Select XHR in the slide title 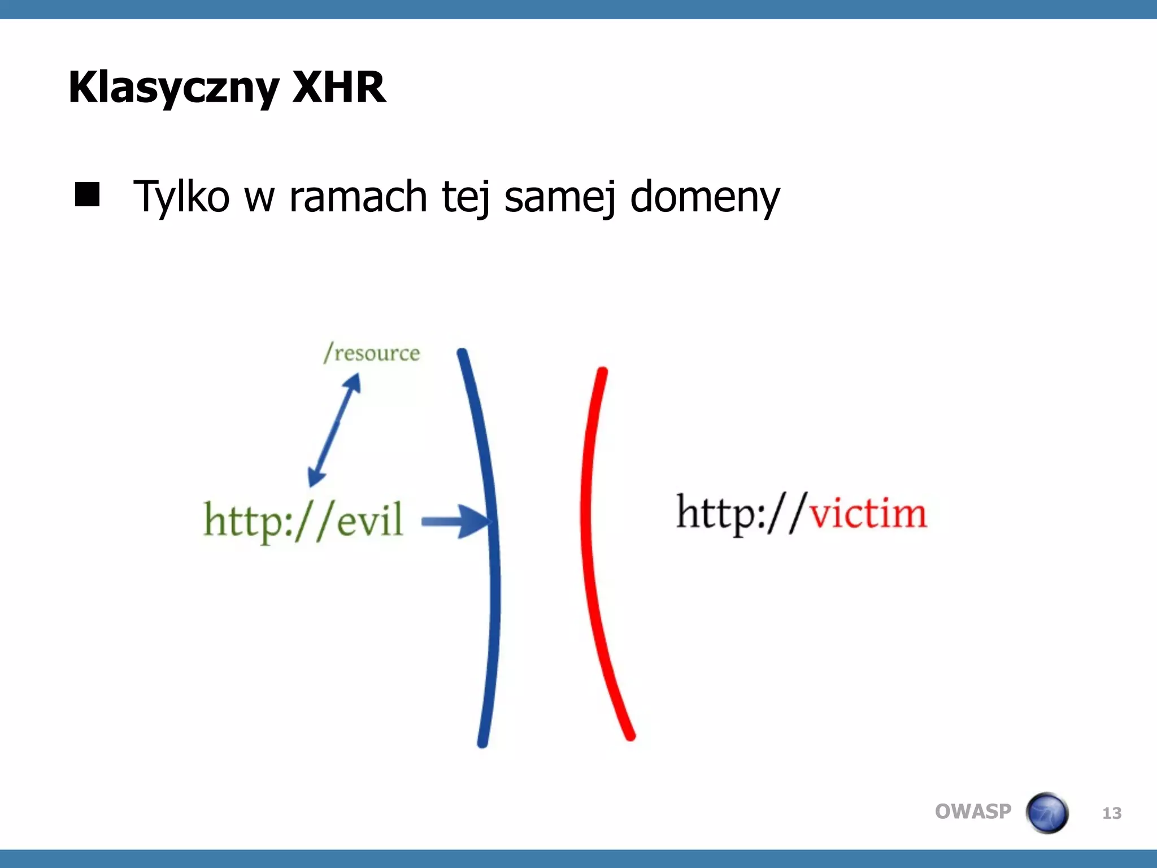(339, 88)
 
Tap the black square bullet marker (87, 194)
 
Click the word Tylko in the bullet (181, 197)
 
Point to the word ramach (358, 197)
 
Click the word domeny (704, 197)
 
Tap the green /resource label (372, 353)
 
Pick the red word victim (868, 513)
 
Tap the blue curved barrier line (493, 565)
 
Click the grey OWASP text (973, 811)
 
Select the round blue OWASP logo (1047, 813)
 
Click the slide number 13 (1112, 813)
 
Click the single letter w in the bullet (259, 198)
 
